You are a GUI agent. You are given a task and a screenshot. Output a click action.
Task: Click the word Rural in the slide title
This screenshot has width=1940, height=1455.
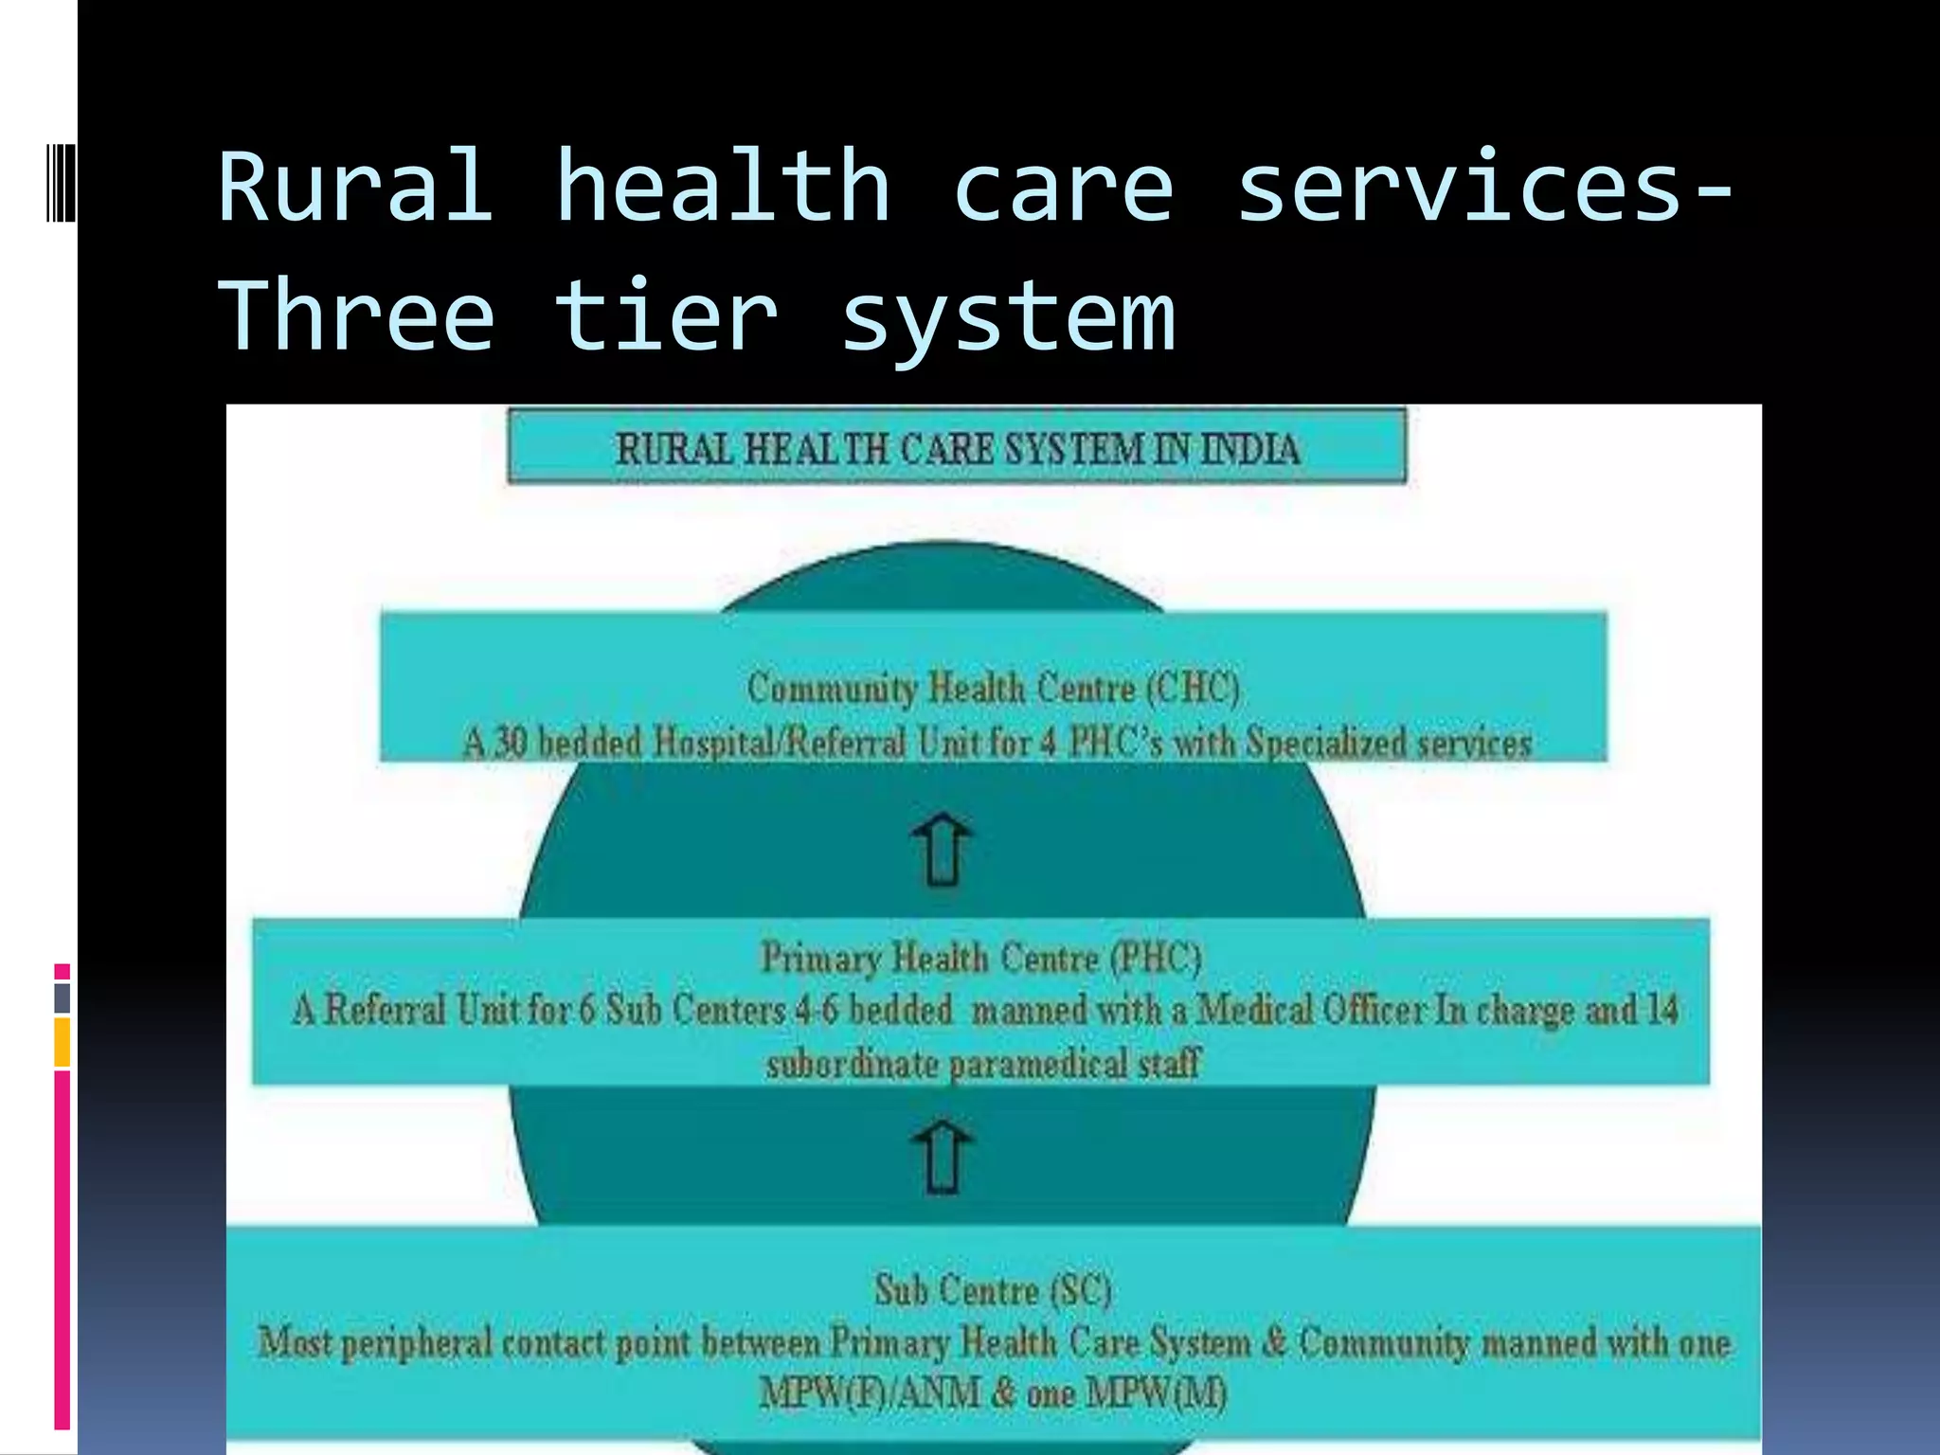355,187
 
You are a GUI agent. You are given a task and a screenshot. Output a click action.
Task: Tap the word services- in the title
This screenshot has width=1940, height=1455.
1487,187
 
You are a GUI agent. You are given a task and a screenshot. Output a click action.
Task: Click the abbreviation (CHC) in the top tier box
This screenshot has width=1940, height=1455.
1193,688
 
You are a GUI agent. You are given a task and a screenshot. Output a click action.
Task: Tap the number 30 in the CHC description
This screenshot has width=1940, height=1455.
510,743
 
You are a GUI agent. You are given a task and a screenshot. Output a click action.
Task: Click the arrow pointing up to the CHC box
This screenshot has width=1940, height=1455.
942,850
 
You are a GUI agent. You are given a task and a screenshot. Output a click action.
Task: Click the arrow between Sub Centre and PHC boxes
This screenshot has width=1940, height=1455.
942,1157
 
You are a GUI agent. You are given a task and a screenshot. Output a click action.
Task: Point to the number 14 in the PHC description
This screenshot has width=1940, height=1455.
1662,1010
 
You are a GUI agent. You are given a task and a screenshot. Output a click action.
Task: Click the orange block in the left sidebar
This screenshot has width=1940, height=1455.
63,1042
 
